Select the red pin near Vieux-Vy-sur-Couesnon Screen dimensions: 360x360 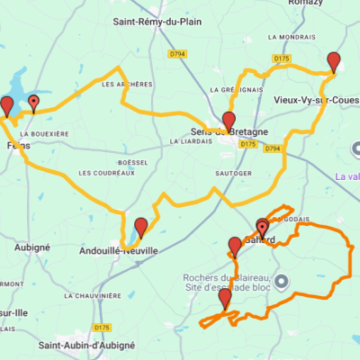tap(334, 62)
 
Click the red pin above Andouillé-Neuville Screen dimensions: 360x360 tap(140, 227)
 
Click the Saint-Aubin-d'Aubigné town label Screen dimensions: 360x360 tap(86, 345)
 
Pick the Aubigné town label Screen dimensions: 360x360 tap(32, 246)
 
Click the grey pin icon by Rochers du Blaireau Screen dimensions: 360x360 tap(281, 282)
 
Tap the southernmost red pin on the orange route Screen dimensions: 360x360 tap(224, 297)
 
